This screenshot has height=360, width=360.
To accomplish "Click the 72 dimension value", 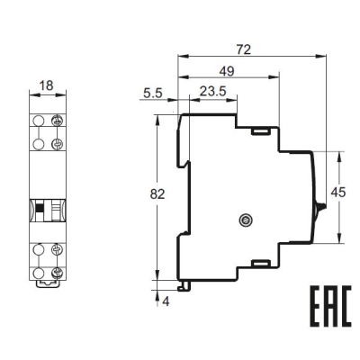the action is click(243, 49).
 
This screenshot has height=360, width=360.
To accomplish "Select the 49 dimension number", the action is click(227, 71).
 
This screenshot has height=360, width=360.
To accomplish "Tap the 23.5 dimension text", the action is click(213, 92).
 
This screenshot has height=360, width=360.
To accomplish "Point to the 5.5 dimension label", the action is click(153, 94).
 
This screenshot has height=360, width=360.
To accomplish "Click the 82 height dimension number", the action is click(157, 194).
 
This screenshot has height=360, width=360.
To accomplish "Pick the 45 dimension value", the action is click(338, 193).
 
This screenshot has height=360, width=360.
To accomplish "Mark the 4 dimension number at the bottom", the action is click(166, 301).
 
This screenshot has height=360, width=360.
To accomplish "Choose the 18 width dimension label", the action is click(47, 85).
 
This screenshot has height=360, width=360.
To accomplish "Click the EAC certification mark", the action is click(330, 306).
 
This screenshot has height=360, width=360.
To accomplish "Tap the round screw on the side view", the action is click(246, 220).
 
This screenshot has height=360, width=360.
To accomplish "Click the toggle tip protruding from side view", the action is click(322, 206).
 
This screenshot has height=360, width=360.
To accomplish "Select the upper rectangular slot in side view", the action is click(261, 131).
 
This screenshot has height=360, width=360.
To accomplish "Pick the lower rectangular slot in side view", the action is click(261, 263).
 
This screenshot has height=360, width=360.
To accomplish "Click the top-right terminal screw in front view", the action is click(57, 121).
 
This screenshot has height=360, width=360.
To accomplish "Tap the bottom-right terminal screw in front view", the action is click(57, 273).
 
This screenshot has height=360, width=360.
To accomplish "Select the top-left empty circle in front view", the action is click(38, 121).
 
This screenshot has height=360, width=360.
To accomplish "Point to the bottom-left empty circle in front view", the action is click(38, 273).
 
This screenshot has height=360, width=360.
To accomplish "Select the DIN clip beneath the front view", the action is click(48, 283).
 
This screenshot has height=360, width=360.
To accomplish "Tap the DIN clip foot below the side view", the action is click(184, 286).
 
